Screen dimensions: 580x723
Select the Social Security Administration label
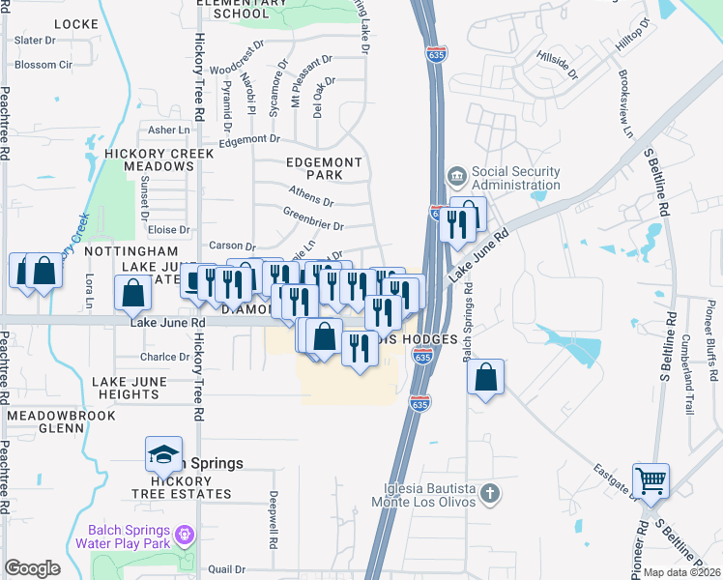click(x=515, y=178)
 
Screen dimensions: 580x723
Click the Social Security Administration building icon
click(x=456, y=178)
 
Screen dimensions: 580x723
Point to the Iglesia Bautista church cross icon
click(x=490, y=494)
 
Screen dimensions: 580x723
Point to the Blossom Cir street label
click(x=43, y=65)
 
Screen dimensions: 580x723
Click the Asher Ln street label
click(x=169, y=130)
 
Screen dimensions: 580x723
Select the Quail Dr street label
click(x=225, y=569)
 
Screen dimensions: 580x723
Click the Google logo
click(x=32, y=568)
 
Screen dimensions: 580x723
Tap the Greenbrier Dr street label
click(x=313, y=218)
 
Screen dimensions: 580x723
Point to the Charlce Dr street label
click(x=165, y=357)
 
